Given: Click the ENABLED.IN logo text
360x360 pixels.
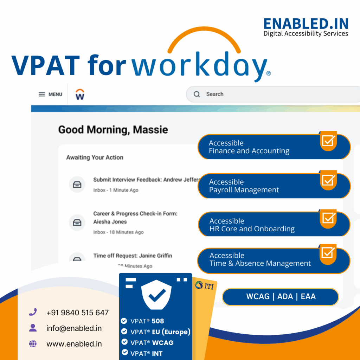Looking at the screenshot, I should tap(306, 24).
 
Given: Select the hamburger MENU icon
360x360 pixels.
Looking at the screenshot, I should tap(42, 94).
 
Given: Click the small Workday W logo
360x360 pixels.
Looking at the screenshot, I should tap(80, 95).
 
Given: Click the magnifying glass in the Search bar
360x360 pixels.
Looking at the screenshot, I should tap(197, 94).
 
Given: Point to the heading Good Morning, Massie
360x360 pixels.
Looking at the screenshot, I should tap(113, 130).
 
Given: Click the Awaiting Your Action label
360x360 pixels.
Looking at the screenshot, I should tap(95, 157).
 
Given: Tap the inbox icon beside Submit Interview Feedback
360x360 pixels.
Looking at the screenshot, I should tap(77, 185).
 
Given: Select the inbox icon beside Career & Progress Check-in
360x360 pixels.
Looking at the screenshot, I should tap(77, 223).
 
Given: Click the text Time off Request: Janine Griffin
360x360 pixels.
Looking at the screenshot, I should tap(133, 256).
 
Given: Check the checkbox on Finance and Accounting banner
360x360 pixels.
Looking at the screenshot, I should tap(328, 141).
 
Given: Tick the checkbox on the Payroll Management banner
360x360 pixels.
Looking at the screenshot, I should tap(328, 180).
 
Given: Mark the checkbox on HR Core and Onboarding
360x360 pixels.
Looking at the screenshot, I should tap(328, 218).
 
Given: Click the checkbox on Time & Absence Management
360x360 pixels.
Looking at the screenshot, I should tap(328, 252).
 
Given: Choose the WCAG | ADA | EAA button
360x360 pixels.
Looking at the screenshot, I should tap(281, 296).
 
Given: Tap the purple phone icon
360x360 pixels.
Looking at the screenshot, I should tap(33, 312).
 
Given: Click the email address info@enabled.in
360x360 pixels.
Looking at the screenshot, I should tap(74, 328).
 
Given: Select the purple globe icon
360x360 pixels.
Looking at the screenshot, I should tap(33, 344).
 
